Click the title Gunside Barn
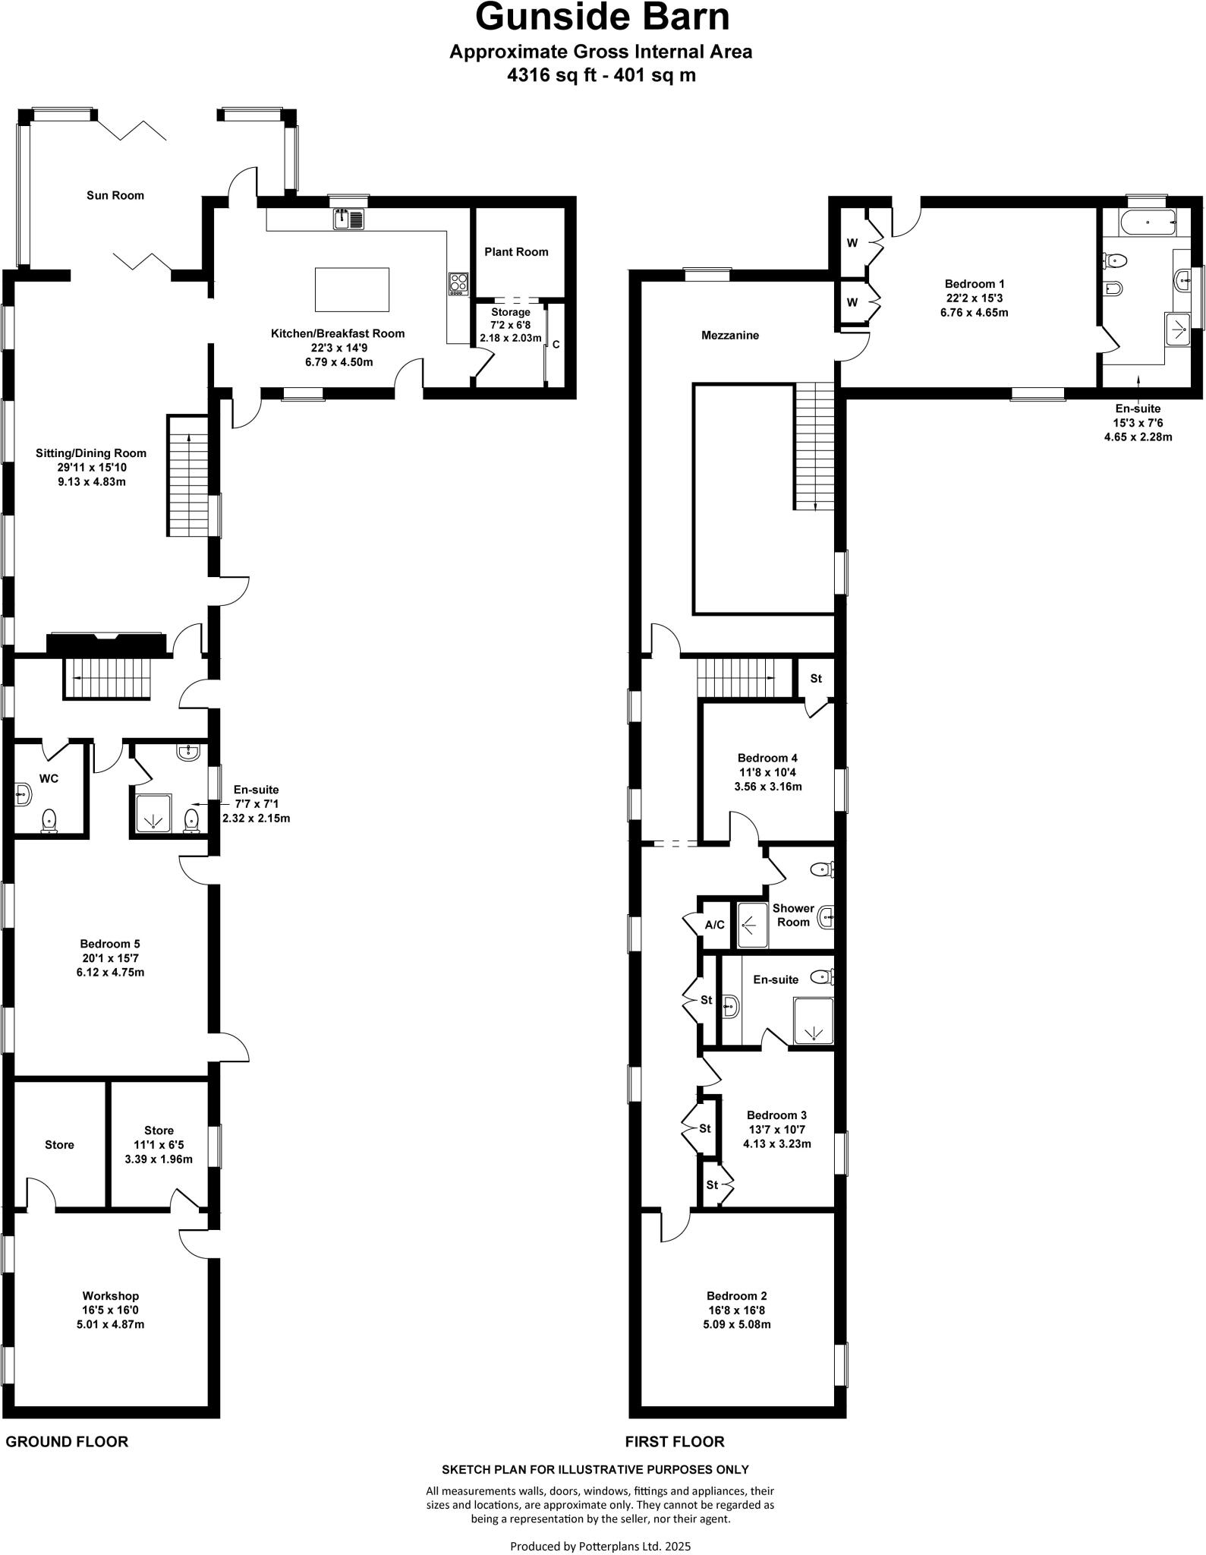coord(602,18)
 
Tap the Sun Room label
coord(115,195)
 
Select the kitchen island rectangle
coord(352,289)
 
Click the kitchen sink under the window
coord(348,219)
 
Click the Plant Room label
coord(516,252)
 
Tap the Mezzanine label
coord(729,335)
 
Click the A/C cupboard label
coord(714,925)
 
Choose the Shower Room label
coord(793,915)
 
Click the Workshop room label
coord(111,1296)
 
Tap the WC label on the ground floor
coord(49,778)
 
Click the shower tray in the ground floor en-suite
coord(154,815)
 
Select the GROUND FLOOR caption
coord(67,1441)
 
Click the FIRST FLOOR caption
coord(674,1441)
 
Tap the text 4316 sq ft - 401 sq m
coord(601,75)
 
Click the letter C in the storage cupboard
coord(556,345)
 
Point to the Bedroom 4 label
coord(767,758)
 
